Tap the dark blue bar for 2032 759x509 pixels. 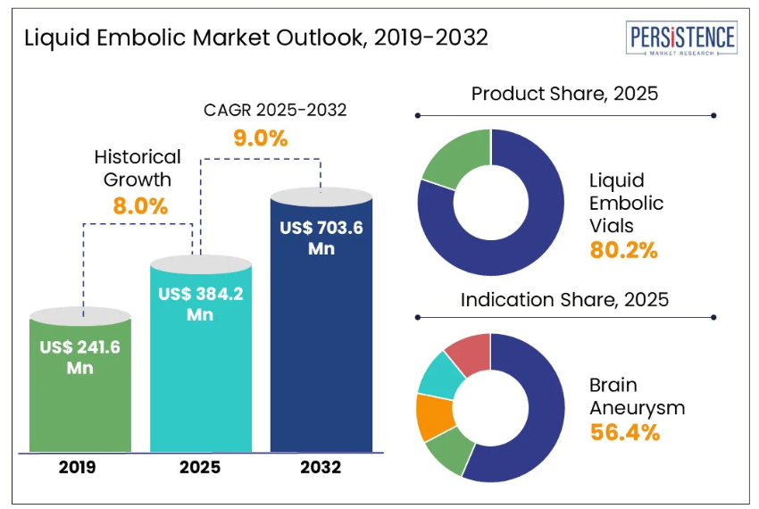click(321, 339)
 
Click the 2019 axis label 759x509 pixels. click(79, 466)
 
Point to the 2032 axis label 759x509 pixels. click(321, 466)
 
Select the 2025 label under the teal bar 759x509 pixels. click(200, 466)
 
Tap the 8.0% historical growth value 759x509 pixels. click(140, 205)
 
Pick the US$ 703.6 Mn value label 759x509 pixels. click(321, 238)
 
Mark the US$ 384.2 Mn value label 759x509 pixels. click(199, 303)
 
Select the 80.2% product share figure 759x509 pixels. click(623, 250)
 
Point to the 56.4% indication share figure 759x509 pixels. click(624, 433)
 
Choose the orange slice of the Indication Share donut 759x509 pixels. click(436, 415)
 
